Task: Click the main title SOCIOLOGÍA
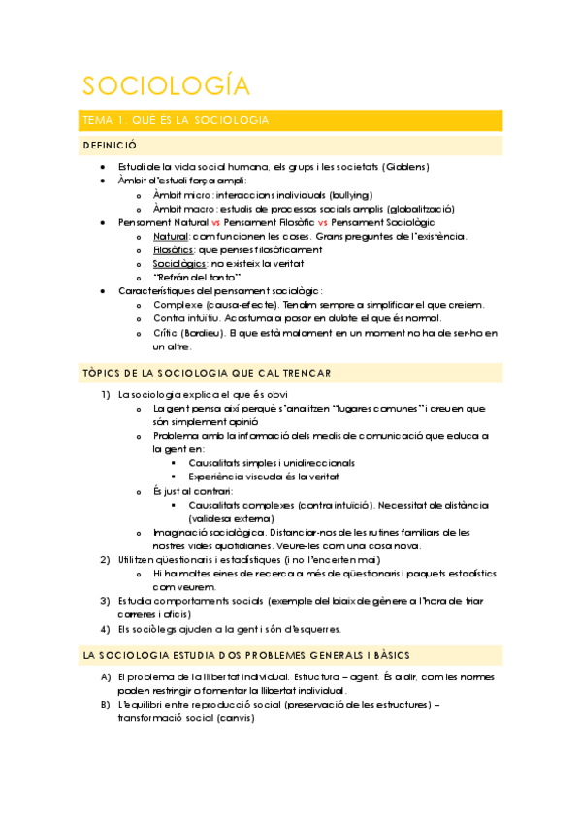(x=165, y=85)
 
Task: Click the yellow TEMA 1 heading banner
(x=291, y=120)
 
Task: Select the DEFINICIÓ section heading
(x=111, y=146)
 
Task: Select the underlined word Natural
(x=171, y=236)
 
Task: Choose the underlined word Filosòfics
(x=173, y=249)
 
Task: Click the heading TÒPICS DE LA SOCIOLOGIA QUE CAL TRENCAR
(x=220, y=374)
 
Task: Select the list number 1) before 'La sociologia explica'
(x=106, y=394)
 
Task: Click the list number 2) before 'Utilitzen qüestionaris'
(x=106, y=559)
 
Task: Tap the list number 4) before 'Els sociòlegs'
(x=106, y=628)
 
